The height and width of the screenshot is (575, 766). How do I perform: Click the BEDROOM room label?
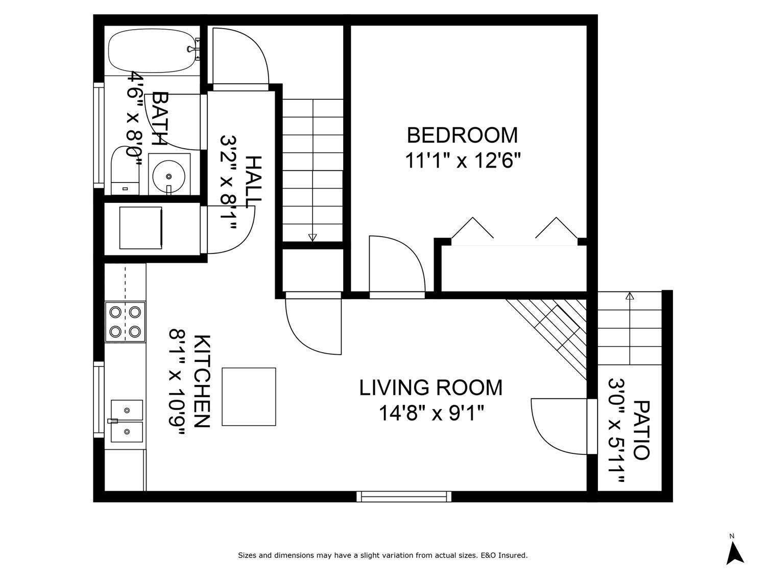pos(462,135)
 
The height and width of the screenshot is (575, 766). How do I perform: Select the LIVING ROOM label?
pos(431,388)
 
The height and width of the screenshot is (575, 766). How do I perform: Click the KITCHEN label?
pos(202,381)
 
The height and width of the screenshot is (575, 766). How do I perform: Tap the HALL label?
pos(253,181)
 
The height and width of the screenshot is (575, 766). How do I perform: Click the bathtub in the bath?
pos(152,52)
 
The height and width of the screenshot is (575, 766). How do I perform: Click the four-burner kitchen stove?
pos(125,321)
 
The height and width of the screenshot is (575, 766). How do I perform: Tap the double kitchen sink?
pos(127,421)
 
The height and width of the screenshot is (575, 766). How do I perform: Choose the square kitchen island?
pos(249,397)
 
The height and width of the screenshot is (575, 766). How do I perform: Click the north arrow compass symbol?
pos(734,553)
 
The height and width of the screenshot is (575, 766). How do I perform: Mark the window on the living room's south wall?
pos(404,496)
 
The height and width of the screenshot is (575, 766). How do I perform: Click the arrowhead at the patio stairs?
pos(630,296)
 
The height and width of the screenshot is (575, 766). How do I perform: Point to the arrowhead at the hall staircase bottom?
pos(313,237)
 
